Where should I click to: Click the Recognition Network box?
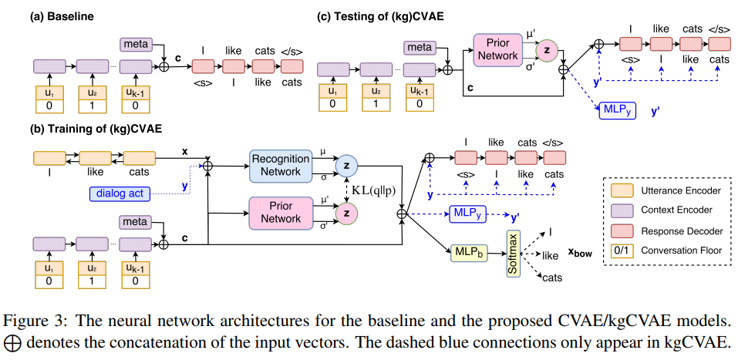281,165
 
